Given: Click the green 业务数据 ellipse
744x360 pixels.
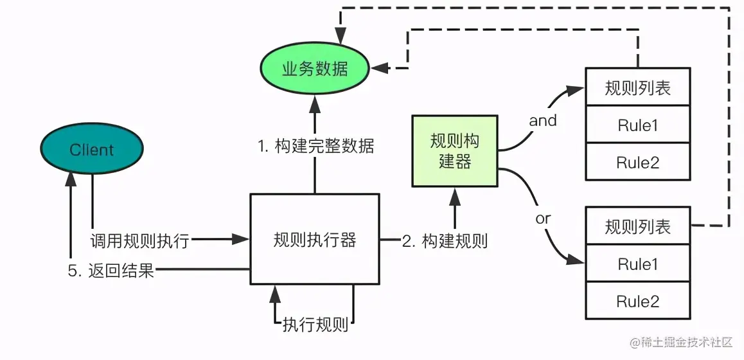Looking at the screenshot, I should coord(315,68).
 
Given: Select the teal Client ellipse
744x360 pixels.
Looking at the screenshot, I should coord(92,150).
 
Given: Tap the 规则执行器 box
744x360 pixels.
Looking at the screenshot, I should coord(314,240).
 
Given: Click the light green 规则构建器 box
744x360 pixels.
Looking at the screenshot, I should coord(455,152).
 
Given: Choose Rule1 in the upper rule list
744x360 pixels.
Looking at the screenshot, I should coord(637,125).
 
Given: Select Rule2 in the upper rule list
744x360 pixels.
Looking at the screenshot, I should coord(637,163).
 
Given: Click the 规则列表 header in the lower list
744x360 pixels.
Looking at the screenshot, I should coord(637,226).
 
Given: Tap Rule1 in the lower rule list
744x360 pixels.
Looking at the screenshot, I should coord(637,264).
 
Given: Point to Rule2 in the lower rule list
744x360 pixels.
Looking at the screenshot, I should coord(637,301).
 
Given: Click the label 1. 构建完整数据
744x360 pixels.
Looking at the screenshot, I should coord(315,146).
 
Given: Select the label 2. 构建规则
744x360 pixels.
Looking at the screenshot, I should coord(445,241).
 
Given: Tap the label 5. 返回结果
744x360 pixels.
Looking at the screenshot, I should coord(112,271).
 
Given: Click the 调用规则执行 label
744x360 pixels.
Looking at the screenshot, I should coord(139,241).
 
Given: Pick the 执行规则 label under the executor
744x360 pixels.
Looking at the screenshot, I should coord(315,324).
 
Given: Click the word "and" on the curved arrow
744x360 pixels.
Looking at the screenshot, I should coord(542,120).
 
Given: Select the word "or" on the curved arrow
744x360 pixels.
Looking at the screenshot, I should coord(543,219).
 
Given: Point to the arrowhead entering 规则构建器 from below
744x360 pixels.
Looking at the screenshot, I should coord(455,193).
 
